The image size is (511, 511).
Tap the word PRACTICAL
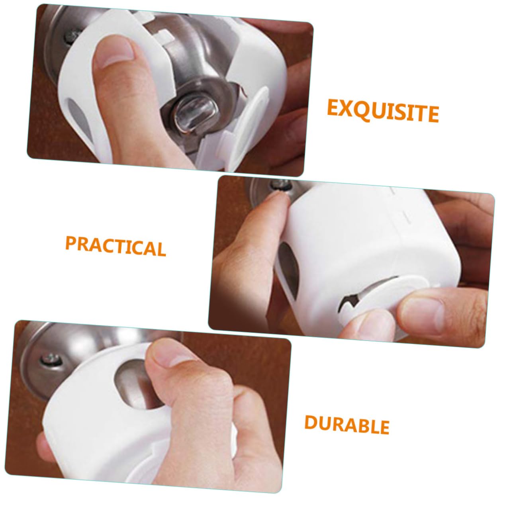(x=115, y=246)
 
